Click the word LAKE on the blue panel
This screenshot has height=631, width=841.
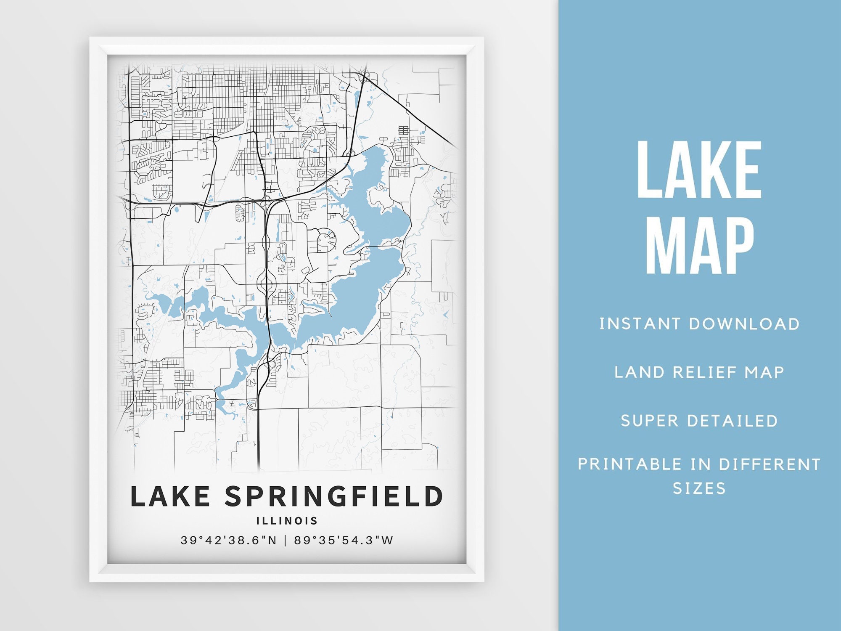[699, 170]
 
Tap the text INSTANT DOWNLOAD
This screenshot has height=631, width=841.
[699, 324]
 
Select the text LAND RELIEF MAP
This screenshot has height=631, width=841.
[699, 372]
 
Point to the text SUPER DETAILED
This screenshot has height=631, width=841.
[699, 421]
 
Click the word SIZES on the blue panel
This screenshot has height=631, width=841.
[699, 488]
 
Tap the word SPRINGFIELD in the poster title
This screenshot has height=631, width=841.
[334, 496]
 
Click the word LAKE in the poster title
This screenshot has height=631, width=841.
[170, 496]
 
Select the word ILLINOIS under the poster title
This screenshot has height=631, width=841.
[287, 521]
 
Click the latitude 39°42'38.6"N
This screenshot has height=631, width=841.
[229, 541]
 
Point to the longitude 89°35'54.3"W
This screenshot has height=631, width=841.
[344, 541]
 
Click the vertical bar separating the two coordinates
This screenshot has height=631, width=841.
[286, 541]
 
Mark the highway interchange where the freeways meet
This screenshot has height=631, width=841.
[267, 203]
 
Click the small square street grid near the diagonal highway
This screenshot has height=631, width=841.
[403, 130]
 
